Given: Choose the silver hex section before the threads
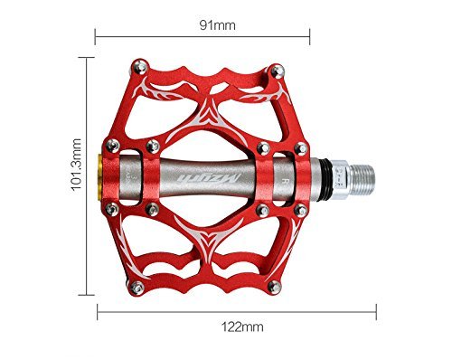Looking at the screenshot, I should tap(333, 176).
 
